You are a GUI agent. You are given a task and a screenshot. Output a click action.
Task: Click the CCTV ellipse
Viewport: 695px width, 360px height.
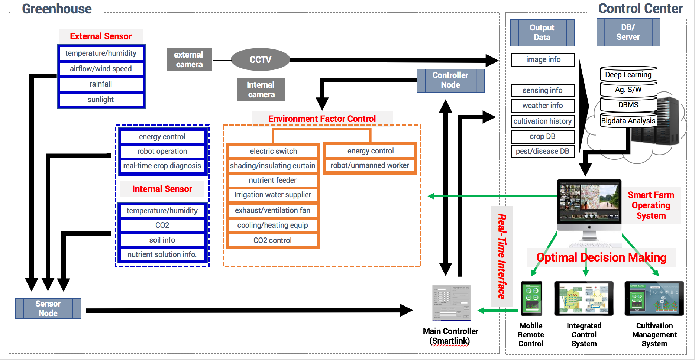coord(260,59)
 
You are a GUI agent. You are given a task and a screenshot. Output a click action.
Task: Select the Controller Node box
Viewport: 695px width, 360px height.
coord(450,80)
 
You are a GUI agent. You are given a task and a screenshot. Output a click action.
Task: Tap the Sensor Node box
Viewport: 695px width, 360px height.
coord(48,308)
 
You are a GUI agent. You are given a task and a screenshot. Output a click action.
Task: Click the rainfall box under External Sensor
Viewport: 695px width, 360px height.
coord(101,84)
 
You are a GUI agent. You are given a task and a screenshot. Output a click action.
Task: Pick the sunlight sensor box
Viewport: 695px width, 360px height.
coord(101,100)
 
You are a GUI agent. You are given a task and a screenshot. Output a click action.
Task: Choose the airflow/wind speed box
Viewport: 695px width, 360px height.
coord(101,69)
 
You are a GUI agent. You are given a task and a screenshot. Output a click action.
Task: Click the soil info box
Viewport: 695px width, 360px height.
coord(162,240)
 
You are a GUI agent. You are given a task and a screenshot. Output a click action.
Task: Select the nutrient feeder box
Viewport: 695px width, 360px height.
coord(273,180)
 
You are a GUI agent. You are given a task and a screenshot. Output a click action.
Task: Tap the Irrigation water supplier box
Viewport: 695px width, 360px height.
coord(273,195)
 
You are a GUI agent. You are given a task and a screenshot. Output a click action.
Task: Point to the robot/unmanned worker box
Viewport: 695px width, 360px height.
coord(370,165)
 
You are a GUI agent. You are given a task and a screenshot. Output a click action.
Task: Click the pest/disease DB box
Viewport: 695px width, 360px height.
coord(543,151)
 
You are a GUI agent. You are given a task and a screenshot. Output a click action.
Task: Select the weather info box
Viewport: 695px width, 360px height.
coord(543,106)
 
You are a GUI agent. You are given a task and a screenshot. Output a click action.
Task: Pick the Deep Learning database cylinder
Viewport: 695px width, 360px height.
coord(628,74)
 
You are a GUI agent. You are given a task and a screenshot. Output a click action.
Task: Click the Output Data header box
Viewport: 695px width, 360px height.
coord(542,32)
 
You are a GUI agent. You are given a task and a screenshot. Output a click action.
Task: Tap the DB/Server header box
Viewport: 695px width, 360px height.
coord(628,32)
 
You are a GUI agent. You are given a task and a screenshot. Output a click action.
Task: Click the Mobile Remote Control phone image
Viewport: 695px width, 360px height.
coord(531,298)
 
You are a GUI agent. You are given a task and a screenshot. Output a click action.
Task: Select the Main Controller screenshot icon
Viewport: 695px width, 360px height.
coord(452,303)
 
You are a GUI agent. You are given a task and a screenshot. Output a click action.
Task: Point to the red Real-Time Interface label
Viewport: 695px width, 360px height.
coord(502,256)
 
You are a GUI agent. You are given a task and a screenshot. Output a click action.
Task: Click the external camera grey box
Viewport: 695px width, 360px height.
coord(189,59)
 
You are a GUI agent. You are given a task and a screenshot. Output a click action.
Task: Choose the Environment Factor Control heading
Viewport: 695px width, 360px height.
coord(322,119)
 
